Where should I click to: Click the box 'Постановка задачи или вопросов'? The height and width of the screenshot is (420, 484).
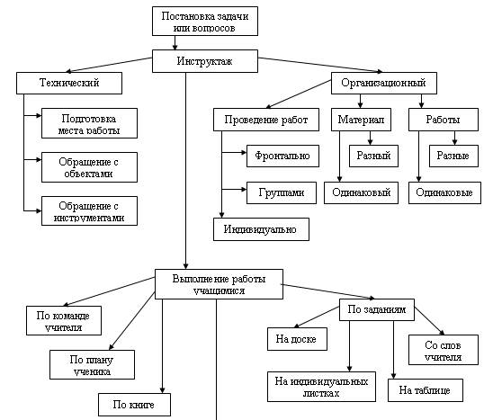pos(205,22)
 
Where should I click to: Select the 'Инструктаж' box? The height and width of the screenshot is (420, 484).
pos(205,61)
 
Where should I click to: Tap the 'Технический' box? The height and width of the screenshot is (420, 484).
pos(69,83)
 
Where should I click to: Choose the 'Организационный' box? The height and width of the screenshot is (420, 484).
pos(384,83)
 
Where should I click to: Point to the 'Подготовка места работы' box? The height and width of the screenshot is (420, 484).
pos(90,123)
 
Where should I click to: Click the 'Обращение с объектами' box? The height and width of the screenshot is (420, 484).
pos(90,167)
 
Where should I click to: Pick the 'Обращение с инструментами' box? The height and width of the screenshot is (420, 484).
pos(90,210)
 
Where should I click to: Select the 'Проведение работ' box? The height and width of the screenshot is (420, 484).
pos(266,120)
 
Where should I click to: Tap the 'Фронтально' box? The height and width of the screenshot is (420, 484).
pos(282,156)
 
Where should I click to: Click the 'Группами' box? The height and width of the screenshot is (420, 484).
pos(282,192)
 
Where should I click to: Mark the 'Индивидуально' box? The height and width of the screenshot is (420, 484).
pos(261,229)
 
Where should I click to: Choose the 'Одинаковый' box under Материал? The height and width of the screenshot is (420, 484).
pos(361,192)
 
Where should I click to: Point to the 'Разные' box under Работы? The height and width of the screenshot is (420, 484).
pos(453,156)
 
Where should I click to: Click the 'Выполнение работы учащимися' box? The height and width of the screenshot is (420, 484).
pos(219,284)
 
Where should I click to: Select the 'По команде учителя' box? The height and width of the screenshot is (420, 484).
pos(64,321)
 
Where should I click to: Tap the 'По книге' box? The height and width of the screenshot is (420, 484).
pos(134,405)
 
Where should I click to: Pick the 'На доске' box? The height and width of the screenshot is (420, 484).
pos(297,339)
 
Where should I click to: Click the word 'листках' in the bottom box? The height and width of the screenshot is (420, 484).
pos(321,393)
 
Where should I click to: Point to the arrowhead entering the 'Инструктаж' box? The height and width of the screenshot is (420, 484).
pos(175,47)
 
